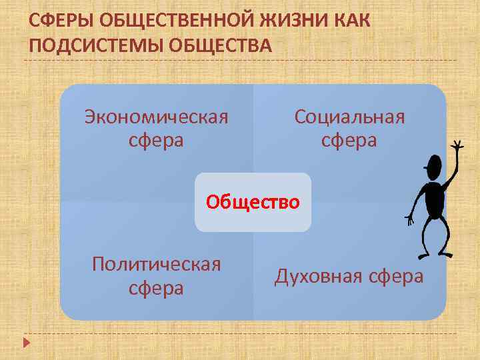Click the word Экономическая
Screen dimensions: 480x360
[156, 117]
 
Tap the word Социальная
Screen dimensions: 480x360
[349, 117]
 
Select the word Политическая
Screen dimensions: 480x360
[156, 264]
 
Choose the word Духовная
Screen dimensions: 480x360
[317, 276]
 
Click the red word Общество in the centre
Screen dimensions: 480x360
[253, 201]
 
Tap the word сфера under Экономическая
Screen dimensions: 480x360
[156, 141]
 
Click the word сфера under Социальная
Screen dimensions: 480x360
[349, 141]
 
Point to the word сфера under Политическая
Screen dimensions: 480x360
[156, 289]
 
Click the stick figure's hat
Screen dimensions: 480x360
[433, 164]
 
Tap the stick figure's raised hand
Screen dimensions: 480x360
[457, 145]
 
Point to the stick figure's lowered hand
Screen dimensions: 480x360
[409, 218]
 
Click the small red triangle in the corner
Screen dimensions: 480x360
[26, 344]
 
